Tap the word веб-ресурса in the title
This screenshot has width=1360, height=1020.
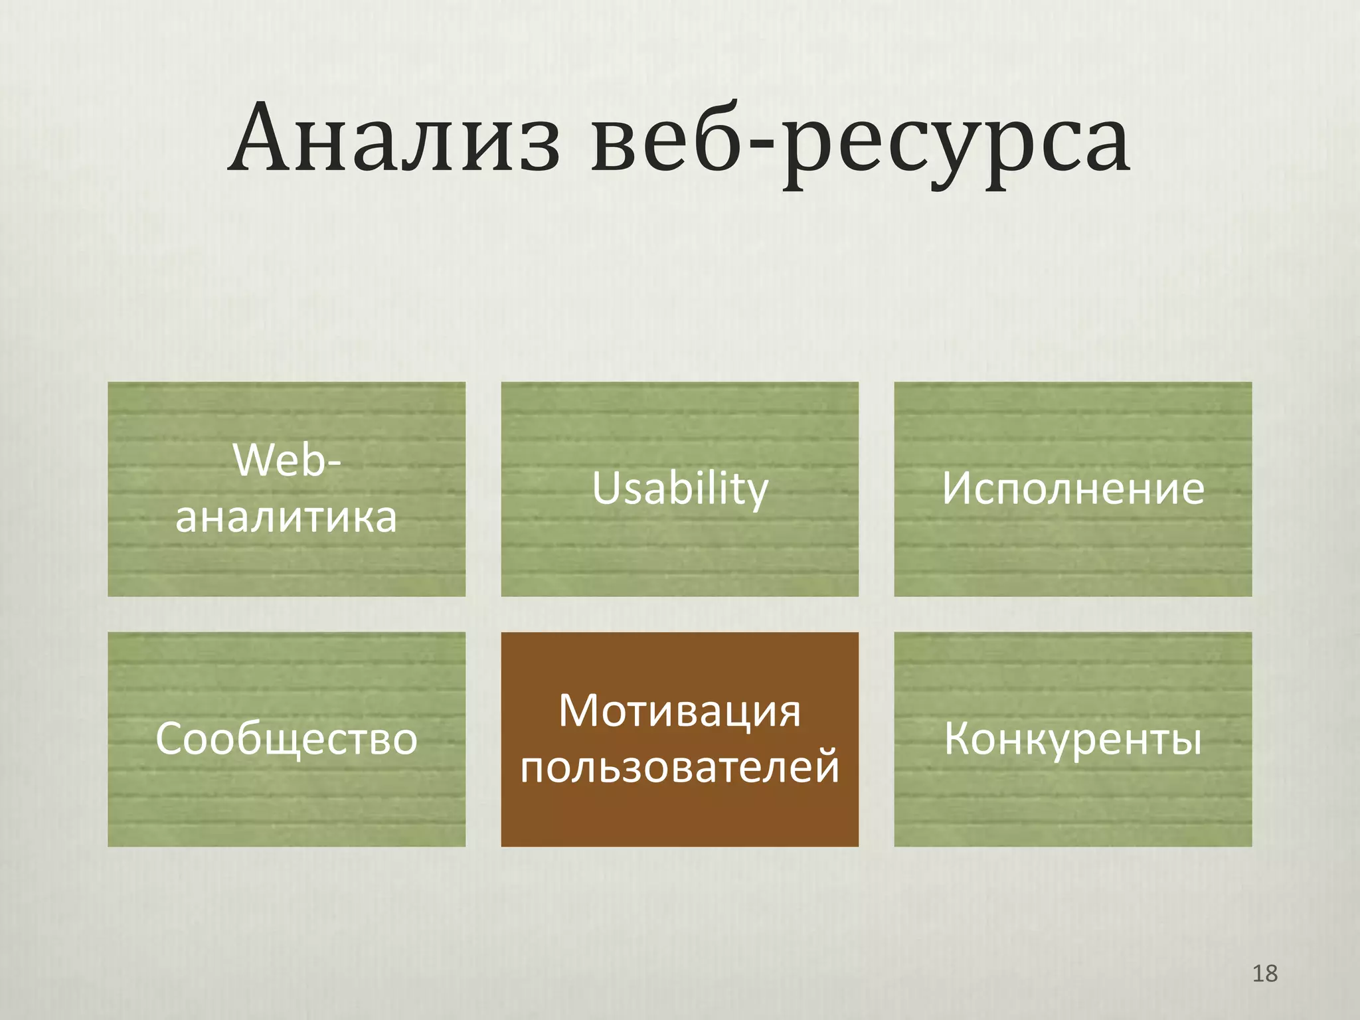[861, 143]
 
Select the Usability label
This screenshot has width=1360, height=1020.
[680, 489]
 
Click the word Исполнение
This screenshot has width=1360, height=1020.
[1072, 489]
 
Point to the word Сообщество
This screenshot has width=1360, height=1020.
[286, 738]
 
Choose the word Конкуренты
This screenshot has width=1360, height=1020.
[1072, 738]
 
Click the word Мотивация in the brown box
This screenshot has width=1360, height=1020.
[680, 711]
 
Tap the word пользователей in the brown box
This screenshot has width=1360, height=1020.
[680, 767]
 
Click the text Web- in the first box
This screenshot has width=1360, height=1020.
[286, 460]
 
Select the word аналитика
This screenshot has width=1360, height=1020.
[286, 517]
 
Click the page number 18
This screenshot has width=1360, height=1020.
[1264, 974]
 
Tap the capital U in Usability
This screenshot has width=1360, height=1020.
[606, 487]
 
